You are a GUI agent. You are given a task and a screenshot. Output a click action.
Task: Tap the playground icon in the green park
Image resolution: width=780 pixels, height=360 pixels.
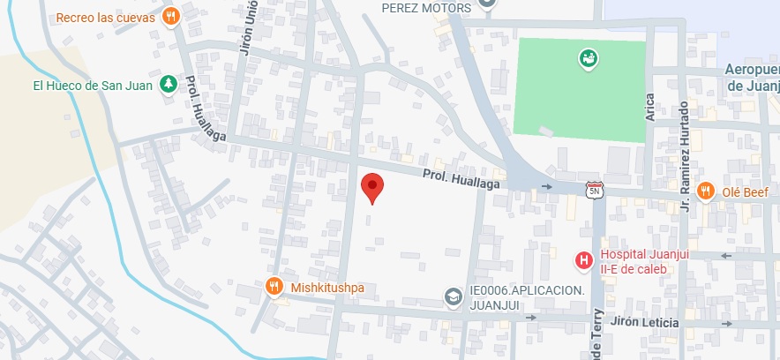click(587, 59)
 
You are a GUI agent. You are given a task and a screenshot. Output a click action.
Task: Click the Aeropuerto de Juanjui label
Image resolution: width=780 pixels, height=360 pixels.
click(752, 78)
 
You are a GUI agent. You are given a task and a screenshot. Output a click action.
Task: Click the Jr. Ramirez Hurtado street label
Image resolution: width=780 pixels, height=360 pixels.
click(684, 157)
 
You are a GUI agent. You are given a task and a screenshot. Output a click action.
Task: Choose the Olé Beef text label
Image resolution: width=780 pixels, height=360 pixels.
click(745, 191)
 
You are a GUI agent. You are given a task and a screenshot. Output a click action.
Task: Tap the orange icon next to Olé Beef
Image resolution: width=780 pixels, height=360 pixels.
click(706, 191)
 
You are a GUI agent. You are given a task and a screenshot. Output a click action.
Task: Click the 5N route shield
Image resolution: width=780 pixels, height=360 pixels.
click(594, 189)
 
